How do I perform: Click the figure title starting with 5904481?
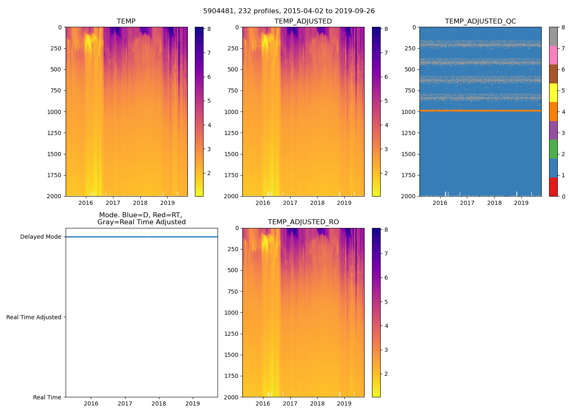289,11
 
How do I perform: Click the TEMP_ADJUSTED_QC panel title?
480,21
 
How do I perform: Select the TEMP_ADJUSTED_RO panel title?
303,222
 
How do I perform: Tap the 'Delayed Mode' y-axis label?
40,237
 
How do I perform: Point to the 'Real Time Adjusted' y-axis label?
33,317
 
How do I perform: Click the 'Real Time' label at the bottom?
47,397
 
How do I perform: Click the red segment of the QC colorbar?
553,187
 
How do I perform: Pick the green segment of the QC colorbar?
553,149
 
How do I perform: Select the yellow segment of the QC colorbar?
553,93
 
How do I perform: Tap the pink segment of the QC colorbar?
553,55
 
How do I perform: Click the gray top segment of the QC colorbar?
553,36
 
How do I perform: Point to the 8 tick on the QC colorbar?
563,27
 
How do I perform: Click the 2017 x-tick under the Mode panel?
125,404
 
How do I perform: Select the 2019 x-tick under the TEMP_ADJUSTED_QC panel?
521,203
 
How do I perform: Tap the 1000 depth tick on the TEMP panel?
54,112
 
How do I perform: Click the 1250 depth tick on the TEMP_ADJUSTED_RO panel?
231,334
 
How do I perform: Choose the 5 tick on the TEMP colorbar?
209,101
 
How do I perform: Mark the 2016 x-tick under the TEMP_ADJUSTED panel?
263,203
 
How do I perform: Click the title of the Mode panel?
141,218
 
